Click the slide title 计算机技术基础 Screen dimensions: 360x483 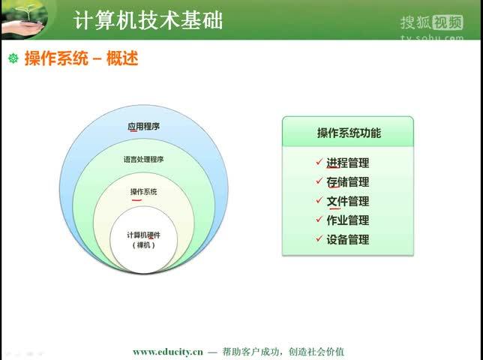click(x=148, y=19)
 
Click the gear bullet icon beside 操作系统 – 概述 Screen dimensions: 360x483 click(x=13, y=58)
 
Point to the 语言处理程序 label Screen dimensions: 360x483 click(x=144, y=160)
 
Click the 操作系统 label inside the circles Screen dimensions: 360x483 click(x=144, y=192)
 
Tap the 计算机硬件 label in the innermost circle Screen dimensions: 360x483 click(x=144, y=235)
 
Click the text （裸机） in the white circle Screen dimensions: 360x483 click(x=144, y=245)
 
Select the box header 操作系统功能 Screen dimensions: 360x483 click(x=348, y=133)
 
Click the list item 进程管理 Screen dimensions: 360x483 click(x=347, y=163)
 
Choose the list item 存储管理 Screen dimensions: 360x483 click(x=347, y=182)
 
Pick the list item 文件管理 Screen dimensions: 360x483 click(x=347, y=202)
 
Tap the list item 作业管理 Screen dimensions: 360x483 click(x=347, y=220)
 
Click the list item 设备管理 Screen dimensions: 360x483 click(x=347, y=240)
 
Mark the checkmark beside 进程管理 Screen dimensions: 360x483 click(x=319, y=162)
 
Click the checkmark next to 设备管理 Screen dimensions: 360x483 click(x=319, y=239)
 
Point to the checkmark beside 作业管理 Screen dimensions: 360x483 click(x=319, y=220)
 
